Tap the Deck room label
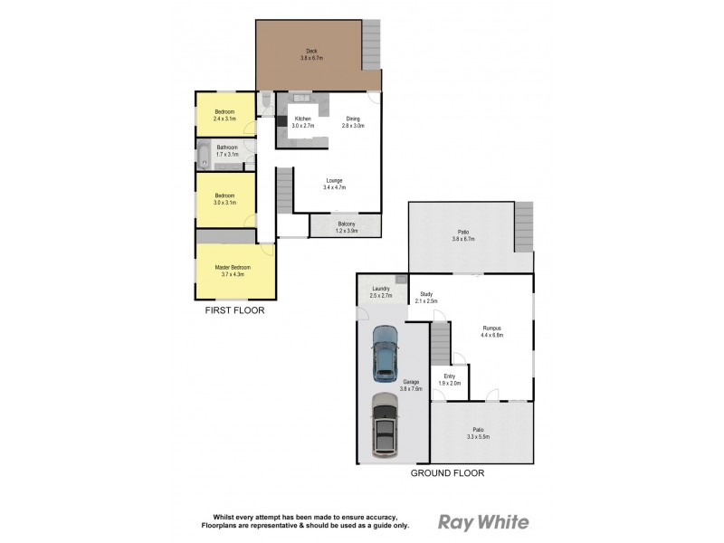310,54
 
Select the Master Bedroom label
232,271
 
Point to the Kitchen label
302,122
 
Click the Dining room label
353,122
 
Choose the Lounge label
334,184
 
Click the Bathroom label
226,150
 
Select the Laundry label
380,291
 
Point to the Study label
425,297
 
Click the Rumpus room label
491,331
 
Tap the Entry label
450,380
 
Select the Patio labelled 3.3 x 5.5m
478,433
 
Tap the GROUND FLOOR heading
447,473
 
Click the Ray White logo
483,521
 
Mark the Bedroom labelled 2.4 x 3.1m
224,115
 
